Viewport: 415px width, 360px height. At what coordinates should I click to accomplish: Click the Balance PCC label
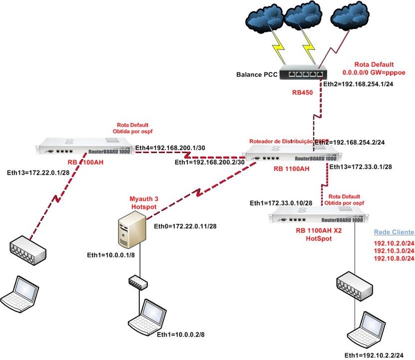(x=257, y=76)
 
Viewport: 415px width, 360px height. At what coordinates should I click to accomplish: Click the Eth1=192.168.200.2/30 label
(x=210, y=162)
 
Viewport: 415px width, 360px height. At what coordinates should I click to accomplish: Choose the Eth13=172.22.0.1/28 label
(x=37, y=173)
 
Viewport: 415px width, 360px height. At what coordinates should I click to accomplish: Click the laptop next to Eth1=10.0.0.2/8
(x=147, y=317)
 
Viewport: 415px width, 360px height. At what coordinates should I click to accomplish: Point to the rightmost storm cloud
(x=353, y=19)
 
